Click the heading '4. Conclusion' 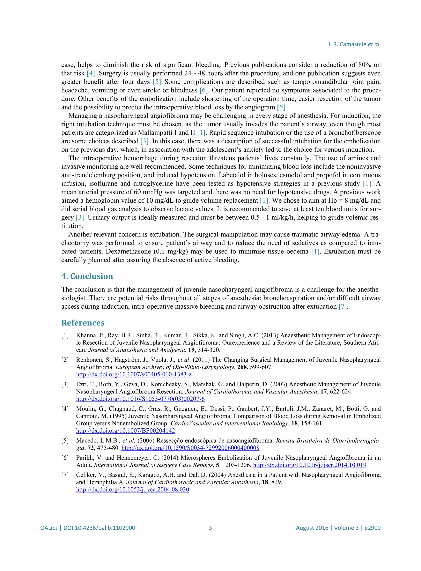87,276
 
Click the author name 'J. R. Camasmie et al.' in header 354,44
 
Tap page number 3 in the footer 210,528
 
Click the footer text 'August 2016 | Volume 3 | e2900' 338,528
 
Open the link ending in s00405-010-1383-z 134,374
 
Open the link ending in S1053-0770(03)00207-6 140,399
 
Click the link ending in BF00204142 125,431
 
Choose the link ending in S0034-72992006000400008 190,448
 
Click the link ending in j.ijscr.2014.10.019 309,465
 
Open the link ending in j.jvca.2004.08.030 133,489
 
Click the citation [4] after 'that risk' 91,73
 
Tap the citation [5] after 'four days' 157,82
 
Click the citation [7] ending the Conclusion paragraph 342,306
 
